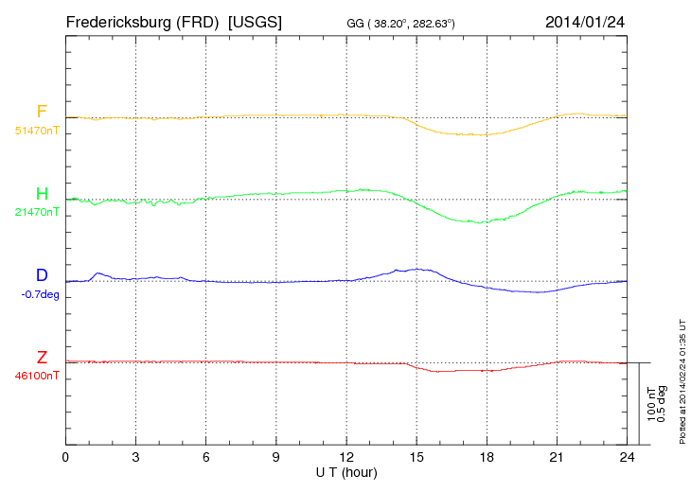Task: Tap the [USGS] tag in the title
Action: point(255,21)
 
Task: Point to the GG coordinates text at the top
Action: point(401,22)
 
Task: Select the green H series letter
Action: point(42,194)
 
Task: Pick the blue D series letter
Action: point(42,275)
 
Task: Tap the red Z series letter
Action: point(42,358)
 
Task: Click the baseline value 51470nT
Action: point(37,130)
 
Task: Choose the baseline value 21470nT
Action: point(37,212)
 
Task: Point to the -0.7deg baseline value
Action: point(39,293)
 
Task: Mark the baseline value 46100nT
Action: point(37,376)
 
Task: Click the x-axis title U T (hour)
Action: point(346,472)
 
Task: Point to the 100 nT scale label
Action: point(650,404)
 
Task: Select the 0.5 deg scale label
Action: point(662,404)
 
